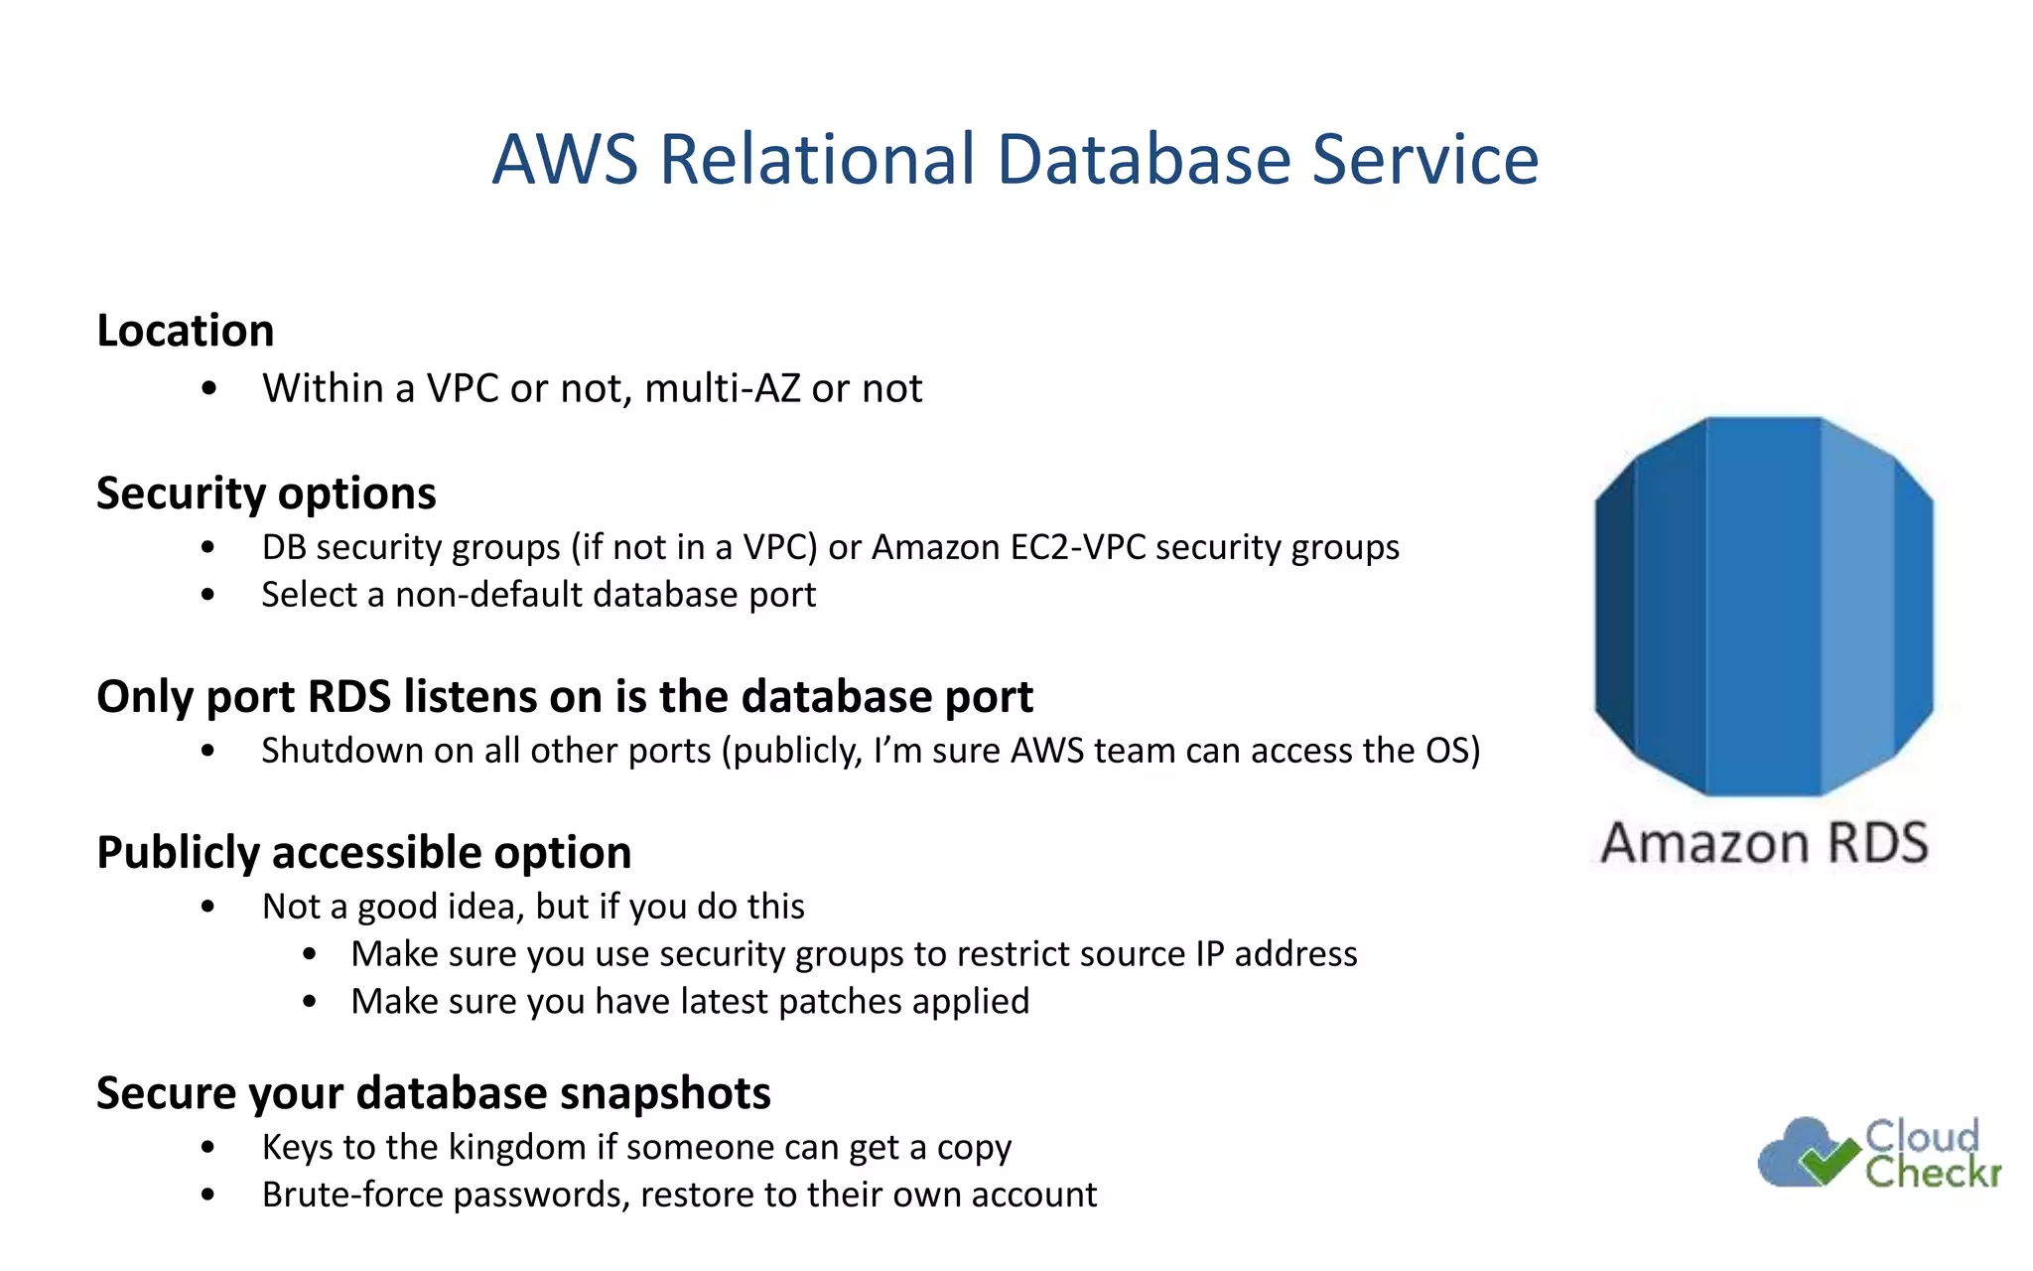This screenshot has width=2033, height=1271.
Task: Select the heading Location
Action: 186,331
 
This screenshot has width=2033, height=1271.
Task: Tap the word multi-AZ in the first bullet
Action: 722,388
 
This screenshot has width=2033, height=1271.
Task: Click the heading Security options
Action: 266,494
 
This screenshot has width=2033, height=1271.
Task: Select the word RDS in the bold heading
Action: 349,696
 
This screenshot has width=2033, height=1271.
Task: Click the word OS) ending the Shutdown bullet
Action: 1452,751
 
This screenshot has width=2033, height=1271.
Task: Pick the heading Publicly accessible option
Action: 363,852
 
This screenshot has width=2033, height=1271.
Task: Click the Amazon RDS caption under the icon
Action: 1764,844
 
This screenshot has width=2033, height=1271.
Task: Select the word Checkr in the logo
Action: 1932,1173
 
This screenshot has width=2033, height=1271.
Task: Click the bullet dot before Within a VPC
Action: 207,389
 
